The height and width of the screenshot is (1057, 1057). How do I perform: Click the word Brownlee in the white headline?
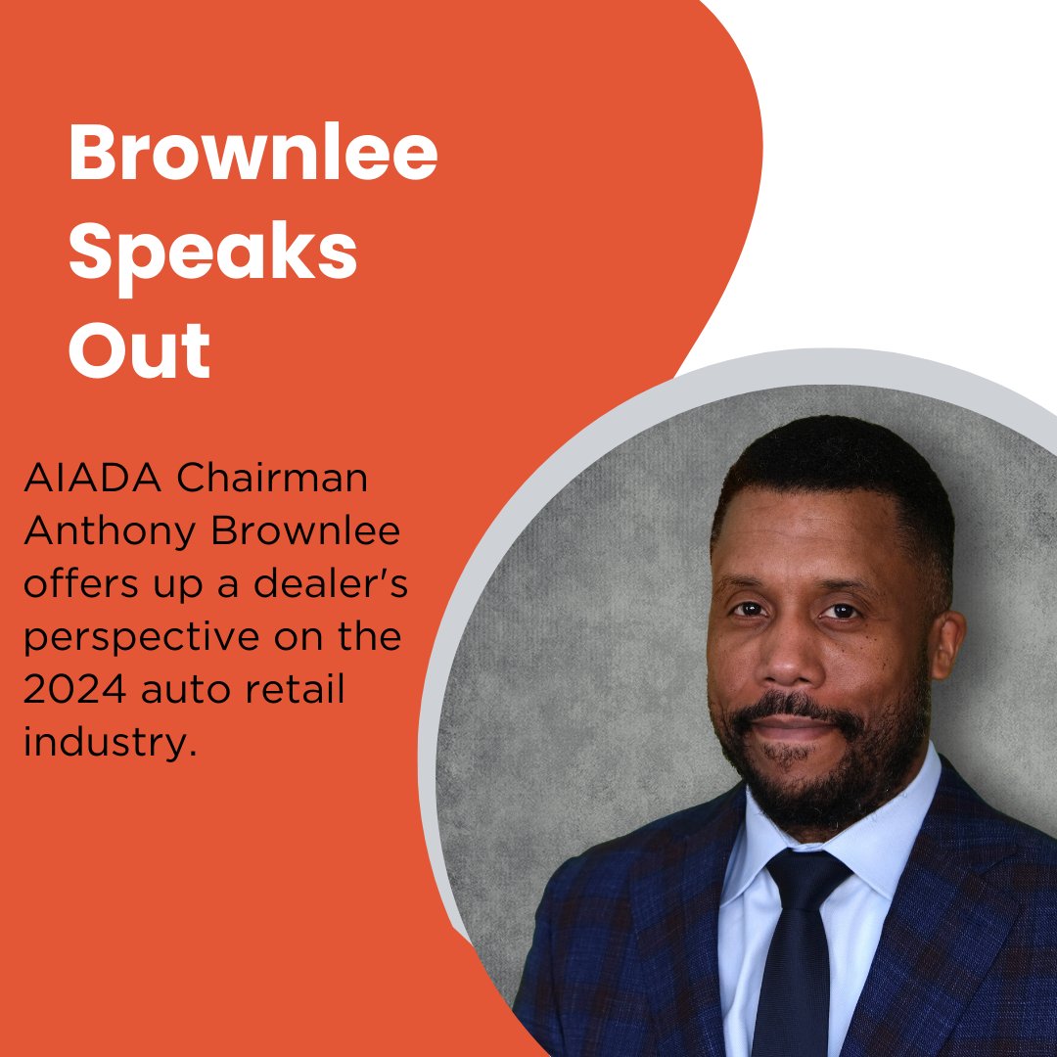(x=253, y=155)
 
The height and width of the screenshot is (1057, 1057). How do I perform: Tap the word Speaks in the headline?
(x=212, y=253)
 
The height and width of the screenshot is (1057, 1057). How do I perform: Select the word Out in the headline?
(x=139, y=349)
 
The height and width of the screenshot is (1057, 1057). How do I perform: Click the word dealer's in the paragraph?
(x=340, y=585)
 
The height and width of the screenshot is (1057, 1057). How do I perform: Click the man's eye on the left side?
(x=750, y=609)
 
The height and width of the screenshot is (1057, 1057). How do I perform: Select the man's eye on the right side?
(x=842, y=612)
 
